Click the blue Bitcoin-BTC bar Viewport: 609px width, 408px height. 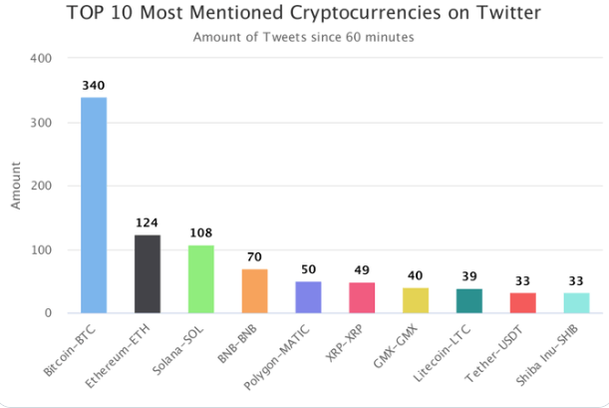click(x=94, y=204)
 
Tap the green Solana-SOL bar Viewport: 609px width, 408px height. click(x=201, y=278)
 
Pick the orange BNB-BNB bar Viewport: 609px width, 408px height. click(x=254, y=290)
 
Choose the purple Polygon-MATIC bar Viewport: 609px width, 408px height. click(x=308, y=296)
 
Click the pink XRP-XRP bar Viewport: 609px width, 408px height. click(x=362, y=297)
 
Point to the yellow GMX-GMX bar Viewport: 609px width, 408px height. click(x=416, y=300)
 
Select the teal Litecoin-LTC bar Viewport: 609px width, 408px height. click(x=469, y=300)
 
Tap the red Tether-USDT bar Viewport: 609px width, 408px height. click(x=522, y=302)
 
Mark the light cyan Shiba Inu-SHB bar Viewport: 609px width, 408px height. click(x=576, y=302)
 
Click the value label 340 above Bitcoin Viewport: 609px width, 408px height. click(x=94, y=87)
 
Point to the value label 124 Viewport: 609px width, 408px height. click(x=148, y=223)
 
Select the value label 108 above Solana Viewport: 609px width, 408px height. click(x=201, y=233)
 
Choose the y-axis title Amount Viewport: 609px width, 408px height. click(x=16, y=187)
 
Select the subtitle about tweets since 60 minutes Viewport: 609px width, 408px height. click(x=304, y=38)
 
